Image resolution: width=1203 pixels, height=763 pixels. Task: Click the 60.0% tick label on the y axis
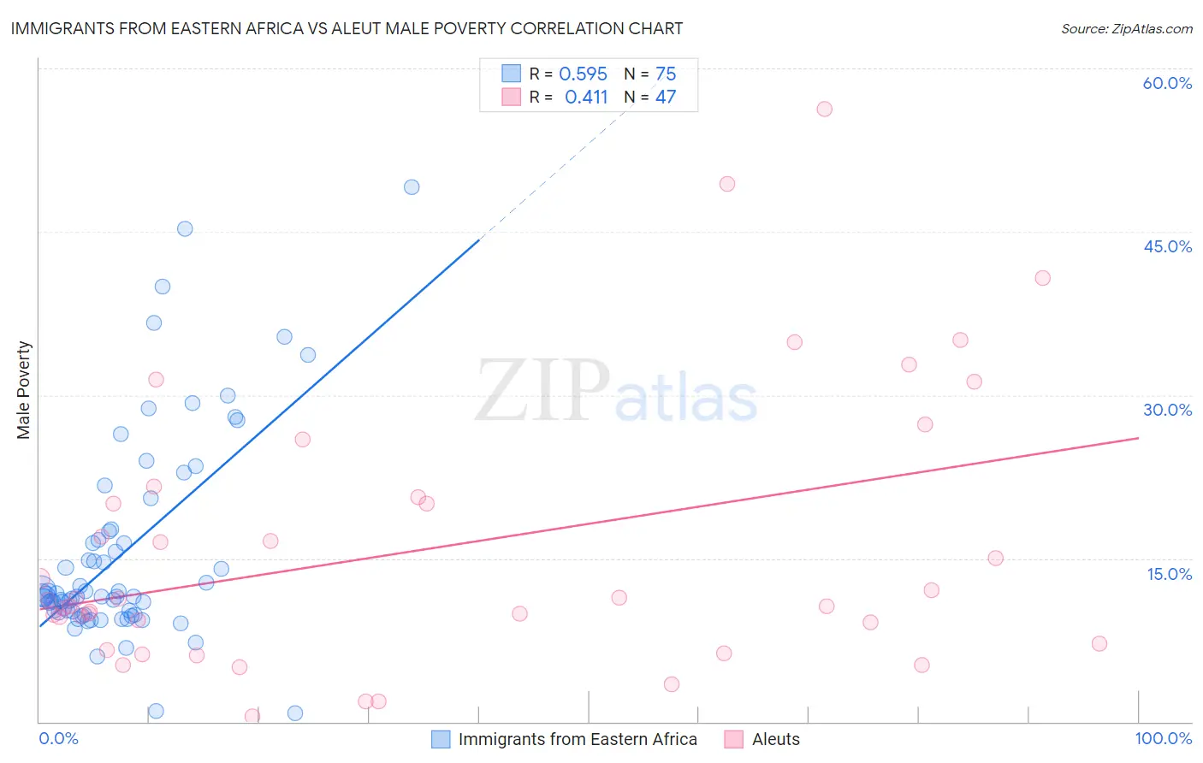pos(1167,83)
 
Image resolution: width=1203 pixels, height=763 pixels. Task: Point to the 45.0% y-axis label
pos(1167,246)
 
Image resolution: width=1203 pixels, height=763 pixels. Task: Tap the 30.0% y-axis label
pos(1167,410)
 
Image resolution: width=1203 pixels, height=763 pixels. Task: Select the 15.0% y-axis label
pos(1169,574)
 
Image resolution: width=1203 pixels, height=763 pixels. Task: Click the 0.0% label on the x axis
pos(58,738)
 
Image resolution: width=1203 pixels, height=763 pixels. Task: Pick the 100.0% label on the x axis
pos(1163,738)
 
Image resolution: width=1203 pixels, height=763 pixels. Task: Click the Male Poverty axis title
pos(24,390)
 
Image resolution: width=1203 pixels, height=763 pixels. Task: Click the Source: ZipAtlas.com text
pos(1126,29)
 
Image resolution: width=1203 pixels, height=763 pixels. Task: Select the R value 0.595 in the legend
pos(583,74)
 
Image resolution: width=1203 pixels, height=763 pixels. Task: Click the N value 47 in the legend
pos(666,98)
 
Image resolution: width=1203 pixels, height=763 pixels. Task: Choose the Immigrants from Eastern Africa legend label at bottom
pos(578,739)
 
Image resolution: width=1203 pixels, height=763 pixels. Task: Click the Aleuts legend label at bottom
pos(775,739)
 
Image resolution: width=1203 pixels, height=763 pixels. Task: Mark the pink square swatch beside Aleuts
pos(733,739)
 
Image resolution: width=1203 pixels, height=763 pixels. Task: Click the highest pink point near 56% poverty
pos(824,109)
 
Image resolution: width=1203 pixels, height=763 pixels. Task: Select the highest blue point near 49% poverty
pos(412,187)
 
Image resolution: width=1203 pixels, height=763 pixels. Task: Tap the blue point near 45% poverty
pos(185,228)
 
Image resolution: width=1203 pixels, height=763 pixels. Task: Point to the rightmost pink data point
pos(1099,643)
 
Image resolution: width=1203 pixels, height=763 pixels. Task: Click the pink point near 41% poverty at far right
pos(1042,278)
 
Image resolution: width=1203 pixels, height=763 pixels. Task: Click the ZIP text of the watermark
pos(542,391)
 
